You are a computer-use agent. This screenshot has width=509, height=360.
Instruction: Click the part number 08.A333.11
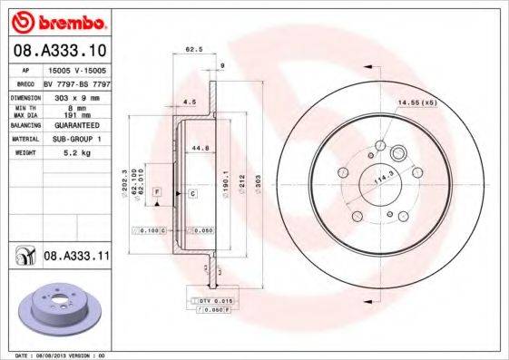pos(77,258)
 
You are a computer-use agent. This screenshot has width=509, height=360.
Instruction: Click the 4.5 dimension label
pos(190,101)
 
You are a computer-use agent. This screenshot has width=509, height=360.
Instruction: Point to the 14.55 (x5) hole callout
pos(416,102)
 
